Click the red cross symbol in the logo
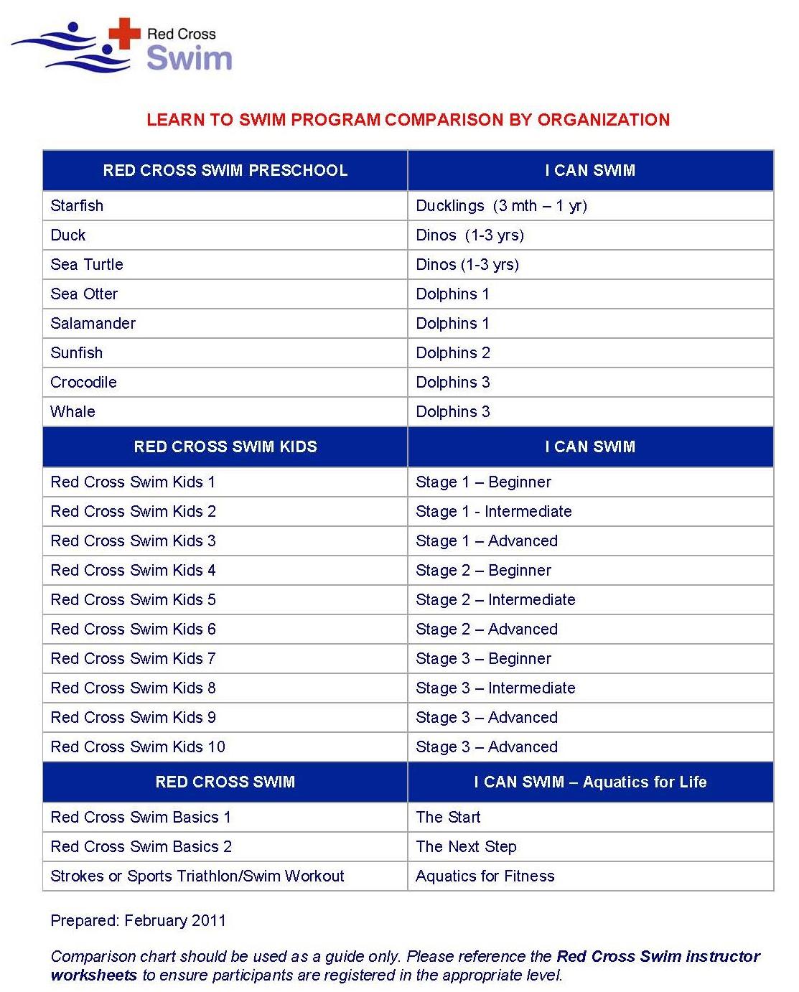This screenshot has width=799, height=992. (124, 34)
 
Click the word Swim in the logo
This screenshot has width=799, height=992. (189, 58)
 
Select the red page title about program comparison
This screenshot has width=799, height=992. (408, 120)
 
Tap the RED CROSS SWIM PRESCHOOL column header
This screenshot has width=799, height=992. (225, 171)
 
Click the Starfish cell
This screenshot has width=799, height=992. (77, 206)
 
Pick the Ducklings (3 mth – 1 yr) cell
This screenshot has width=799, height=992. (501, 206)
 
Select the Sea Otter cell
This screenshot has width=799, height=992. (84, 294)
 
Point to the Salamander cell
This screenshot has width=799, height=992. (93, 324)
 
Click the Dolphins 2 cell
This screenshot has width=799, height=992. (452, 353)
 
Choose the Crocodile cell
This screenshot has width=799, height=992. (83, 383)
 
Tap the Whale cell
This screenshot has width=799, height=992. (73, 412)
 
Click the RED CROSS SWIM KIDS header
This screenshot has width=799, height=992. (225, 447)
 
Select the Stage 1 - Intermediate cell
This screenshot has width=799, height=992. (493, 512)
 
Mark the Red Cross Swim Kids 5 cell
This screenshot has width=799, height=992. (133, 600)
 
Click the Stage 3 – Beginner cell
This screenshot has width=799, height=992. (483, 659)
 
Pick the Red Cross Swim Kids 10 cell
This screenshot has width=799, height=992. (138, 747)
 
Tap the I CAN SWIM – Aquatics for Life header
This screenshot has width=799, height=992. (590, 782)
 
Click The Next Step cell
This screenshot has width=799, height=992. (466, 847)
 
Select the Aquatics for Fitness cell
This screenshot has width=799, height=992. (485, 876)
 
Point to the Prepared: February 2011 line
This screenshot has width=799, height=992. (138, 921)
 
